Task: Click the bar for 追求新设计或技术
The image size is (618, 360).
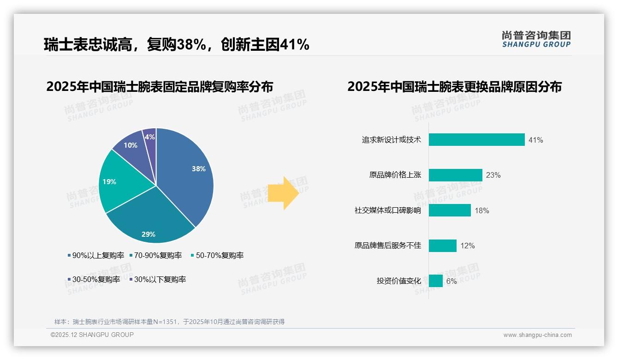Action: (x=476, y=140)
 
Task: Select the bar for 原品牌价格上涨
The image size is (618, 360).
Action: (x=455, y=175)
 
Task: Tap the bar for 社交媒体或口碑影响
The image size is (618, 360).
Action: (x=450, y=210)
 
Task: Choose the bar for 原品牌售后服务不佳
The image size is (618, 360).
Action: (x=442, y=246)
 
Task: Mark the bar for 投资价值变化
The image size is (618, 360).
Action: (x=435, y=281)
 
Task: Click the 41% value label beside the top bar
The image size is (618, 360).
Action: (x=536, y=140)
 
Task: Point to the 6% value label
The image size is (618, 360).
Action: (x=452, y=281)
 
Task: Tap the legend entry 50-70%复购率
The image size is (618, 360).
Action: (x=217, y=255)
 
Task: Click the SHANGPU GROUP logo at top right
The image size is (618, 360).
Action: (x=536, y=39)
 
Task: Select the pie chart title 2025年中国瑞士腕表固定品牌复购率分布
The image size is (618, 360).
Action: (x=160, y=87)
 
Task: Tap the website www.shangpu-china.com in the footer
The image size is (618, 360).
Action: (x=537, y=335)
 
